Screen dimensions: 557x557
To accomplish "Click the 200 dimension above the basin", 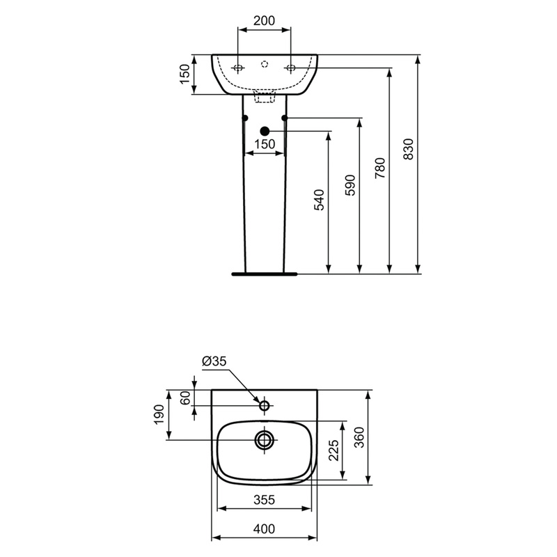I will click(265, 20).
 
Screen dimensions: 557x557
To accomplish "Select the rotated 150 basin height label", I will click(185, 74).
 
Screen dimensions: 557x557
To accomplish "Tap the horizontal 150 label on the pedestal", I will click(265, 144).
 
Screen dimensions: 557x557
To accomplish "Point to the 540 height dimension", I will click(320, 199).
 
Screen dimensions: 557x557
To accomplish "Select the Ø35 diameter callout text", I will click(214, 362).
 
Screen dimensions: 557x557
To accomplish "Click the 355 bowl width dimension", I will click(264, 500).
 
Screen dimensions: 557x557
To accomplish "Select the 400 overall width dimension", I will click(264, 528).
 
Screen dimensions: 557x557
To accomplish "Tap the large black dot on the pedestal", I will click(264, 131).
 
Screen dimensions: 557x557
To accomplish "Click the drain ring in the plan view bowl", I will click(265, 439).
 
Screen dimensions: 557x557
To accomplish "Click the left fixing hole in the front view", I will click(238, 68).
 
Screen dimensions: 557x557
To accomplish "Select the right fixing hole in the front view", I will click(291, 68).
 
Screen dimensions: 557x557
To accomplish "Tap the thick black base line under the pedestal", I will click(265, 273).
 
